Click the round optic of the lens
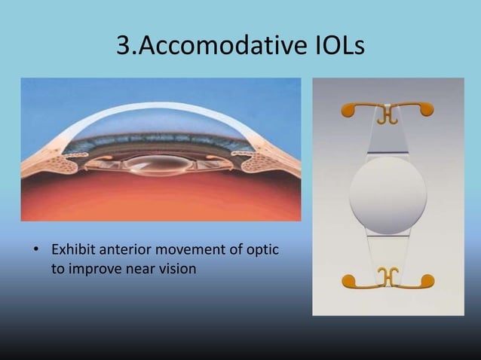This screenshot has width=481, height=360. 388,195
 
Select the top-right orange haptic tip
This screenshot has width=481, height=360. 427,110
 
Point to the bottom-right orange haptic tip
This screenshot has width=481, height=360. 427,282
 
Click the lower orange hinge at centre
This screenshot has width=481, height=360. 388,278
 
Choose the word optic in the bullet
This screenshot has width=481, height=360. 261,249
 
